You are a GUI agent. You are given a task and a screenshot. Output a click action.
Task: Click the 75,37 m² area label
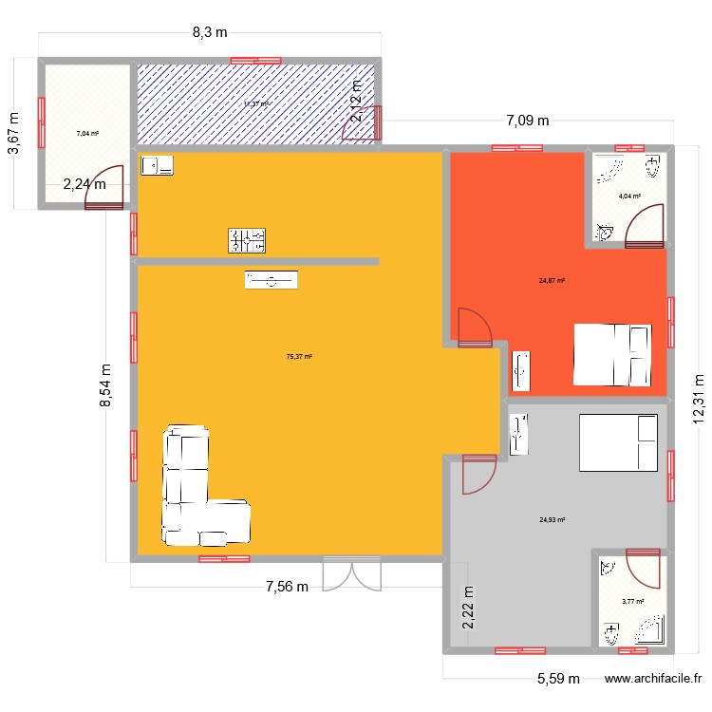[x=299, y=357]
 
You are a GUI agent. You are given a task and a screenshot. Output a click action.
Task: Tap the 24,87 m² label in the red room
[x=552, y=281]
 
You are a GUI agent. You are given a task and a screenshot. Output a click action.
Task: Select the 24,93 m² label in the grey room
[x=552, y=520]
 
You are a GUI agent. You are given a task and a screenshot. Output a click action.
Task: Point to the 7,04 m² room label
[x=88, y=134]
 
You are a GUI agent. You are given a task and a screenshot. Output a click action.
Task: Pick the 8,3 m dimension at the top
[x=210, y=32]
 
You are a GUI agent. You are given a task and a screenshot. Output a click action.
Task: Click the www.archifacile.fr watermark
[x=653, y=679]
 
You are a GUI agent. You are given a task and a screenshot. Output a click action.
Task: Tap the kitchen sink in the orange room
[x=158, y=166]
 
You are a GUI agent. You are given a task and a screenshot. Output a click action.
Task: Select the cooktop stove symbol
[x=246, y=241]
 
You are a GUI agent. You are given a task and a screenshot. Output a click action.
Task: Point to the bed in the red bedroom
[x=612, y=354]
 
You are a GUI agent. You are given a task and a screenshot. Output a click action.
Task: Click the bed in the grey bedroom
[x=618, y=442]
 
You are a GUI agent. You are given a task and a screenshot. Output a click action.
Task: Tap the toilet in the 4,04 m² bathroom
[x=651, y=168]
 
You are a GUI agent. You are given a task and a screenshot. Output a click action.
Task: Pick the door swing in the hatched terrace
[x=363, y=123]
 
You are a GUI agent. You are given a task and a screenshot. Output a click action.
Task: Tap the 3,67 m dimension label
[x=13, y=132]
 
